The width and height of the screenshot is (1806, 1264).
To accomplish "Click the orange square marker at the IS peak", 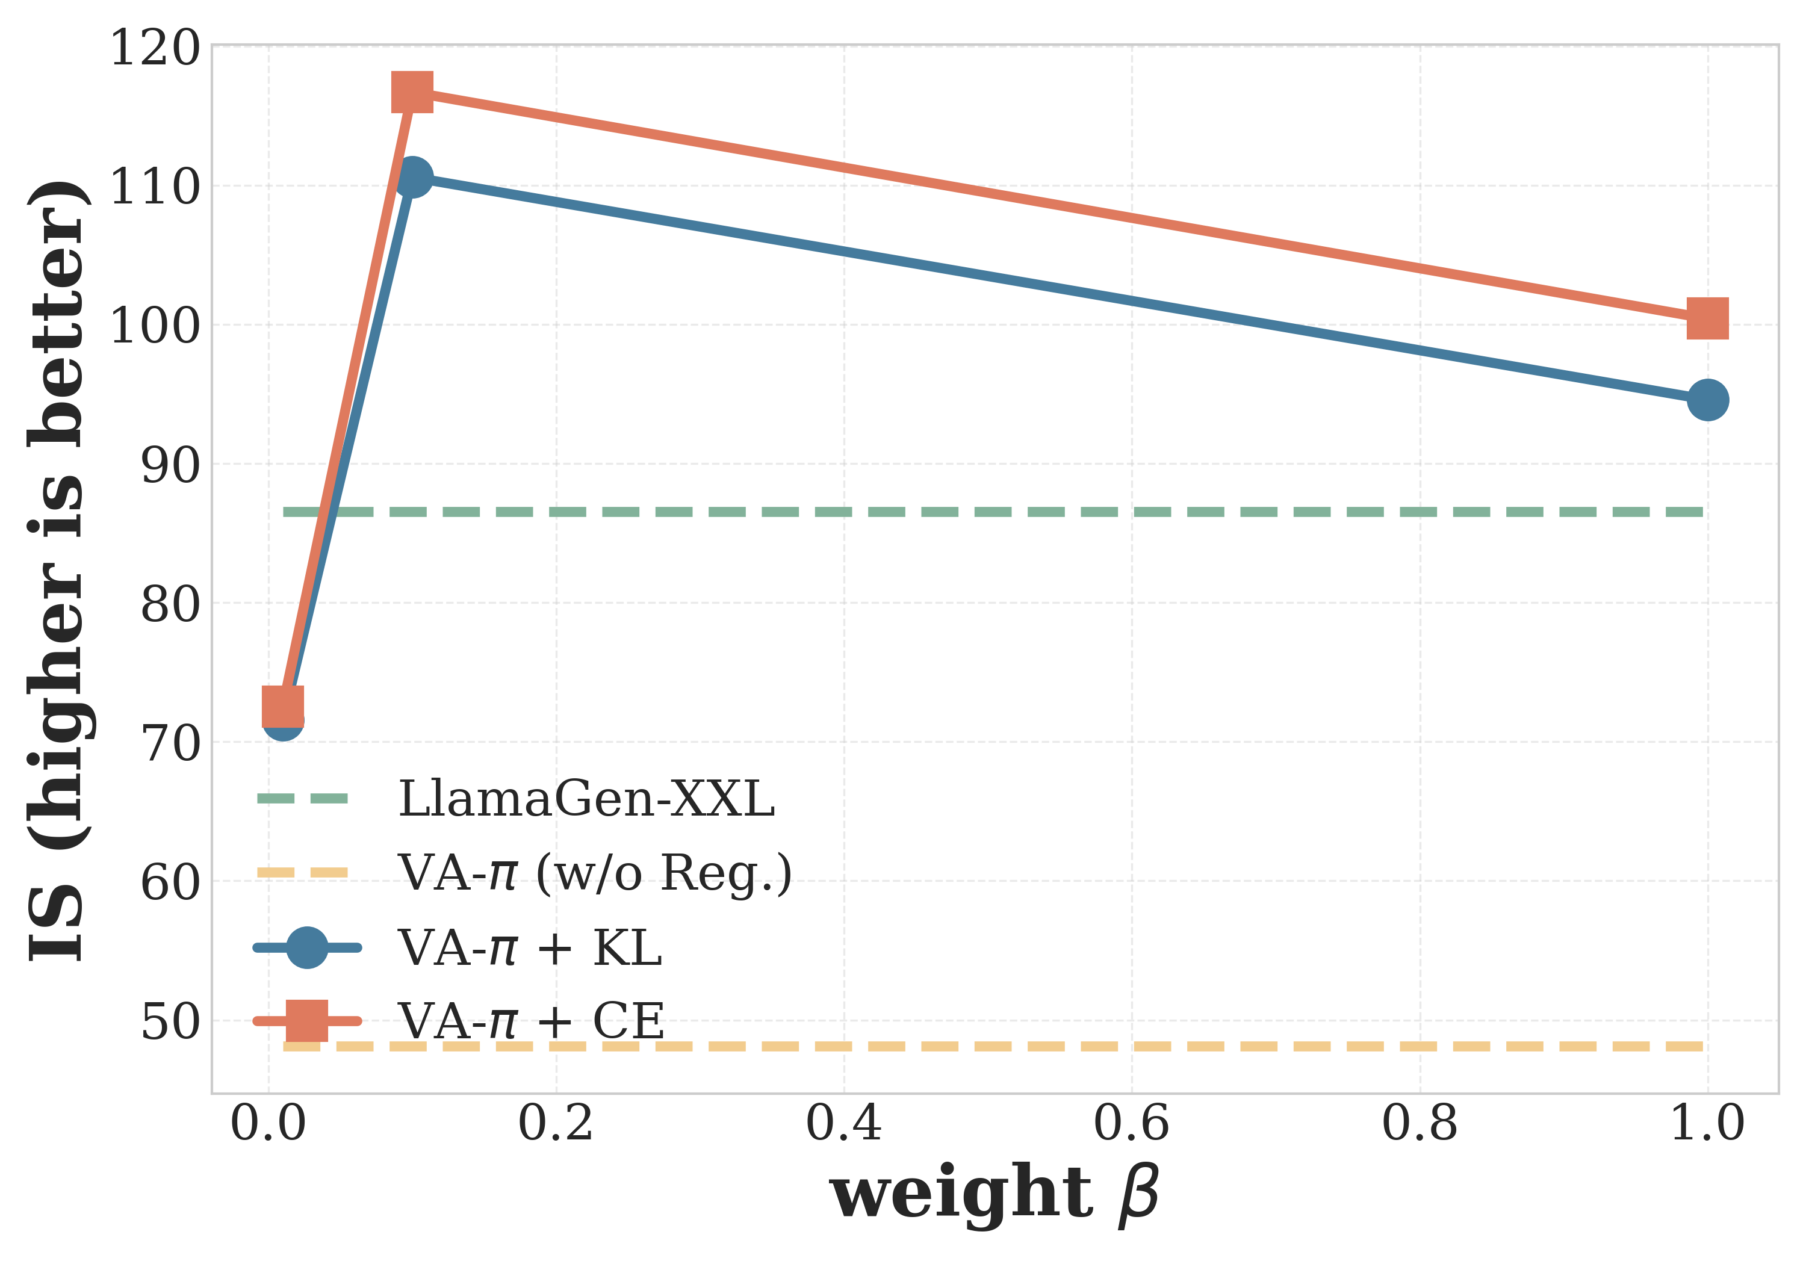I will pos(412,92).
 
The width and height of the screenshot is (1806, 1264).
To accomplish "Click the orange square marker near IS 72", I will pos(282,705).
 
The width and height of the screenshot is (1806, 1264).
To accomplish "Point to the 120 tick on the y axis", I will pos(155,49).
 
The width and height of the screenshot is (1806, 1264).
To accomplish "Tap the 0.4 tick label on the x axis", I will pos(843,1123).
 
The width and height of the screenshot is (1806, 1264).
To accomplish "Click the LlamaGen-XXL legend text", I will pos(586,799).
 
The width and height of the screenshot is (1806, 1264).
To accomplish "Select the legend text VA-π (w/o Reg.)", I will pos(595,873).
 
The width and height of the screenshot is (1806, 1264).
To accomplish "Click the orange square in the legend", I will pos(307,1021).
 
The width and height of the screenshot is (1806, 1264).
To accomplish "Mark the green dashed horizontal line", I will pos(944,512).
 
